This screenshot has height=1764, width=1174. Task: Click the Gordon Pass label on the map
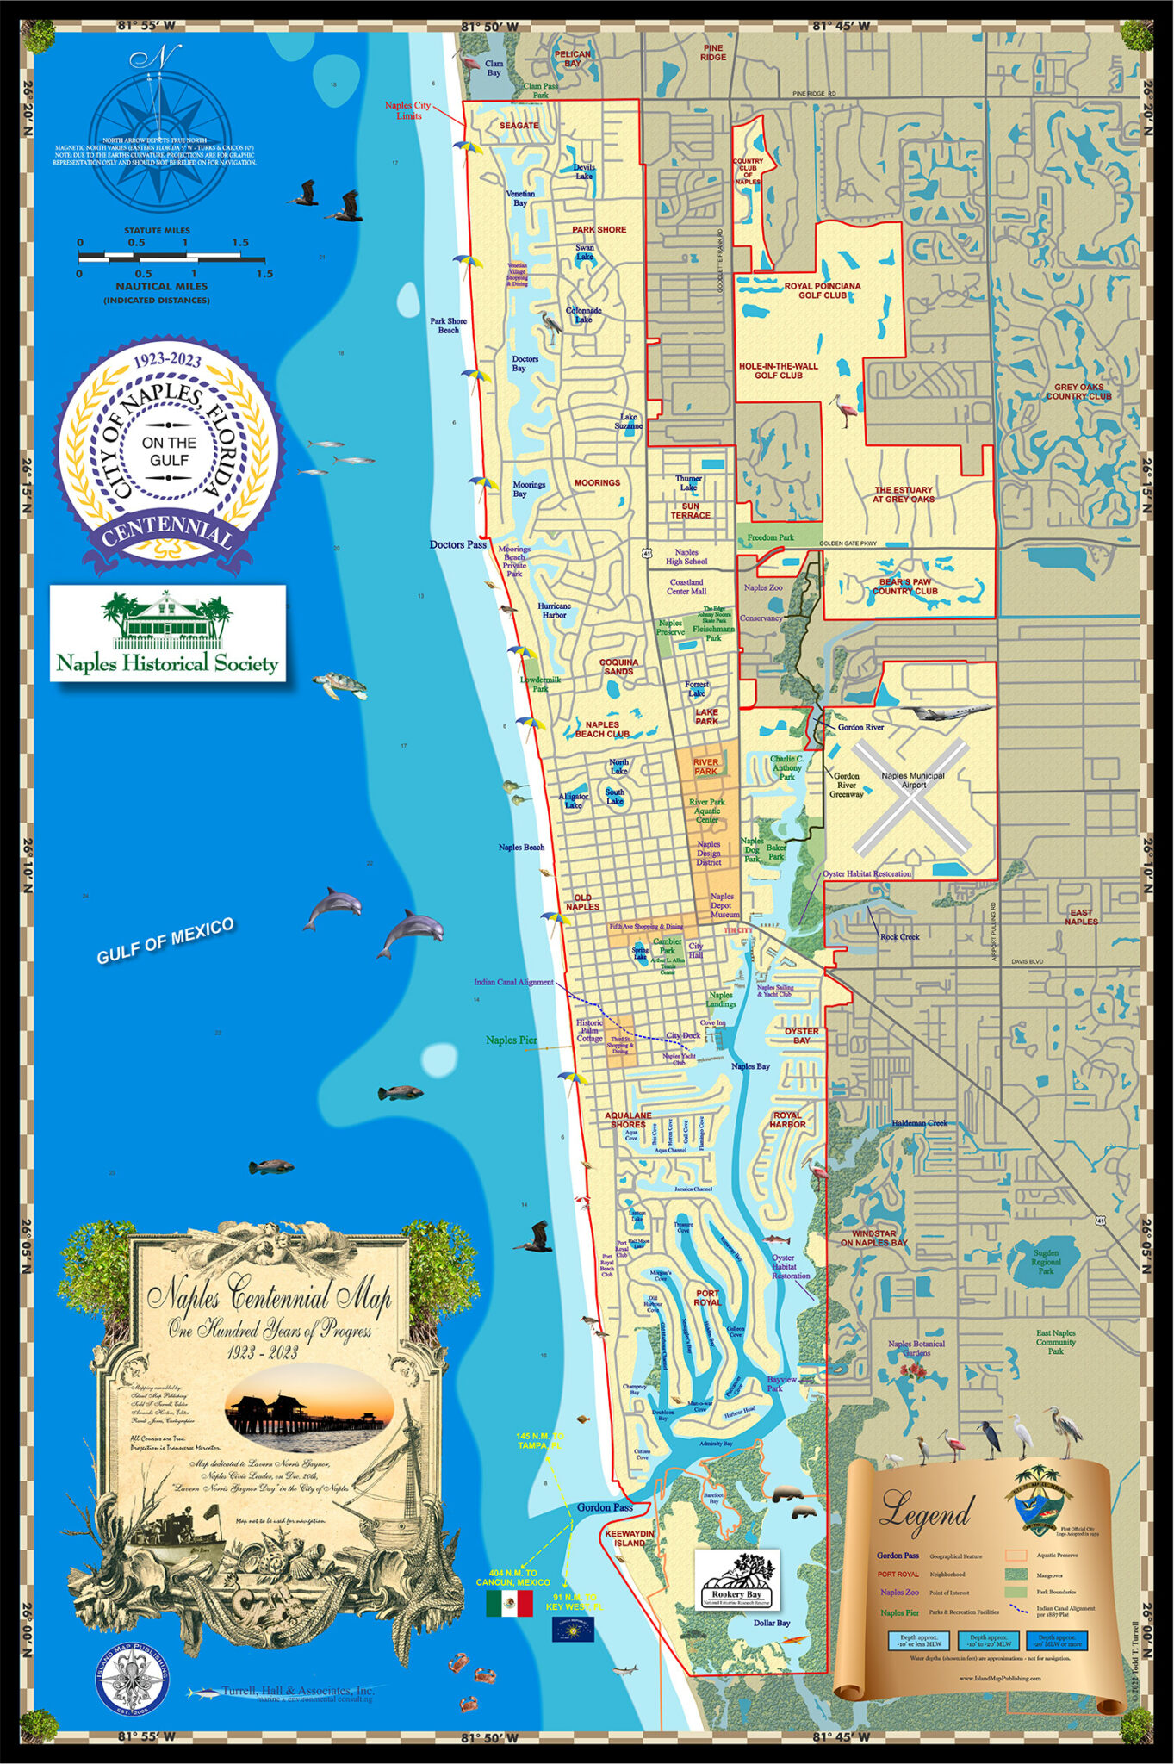click(x=605, y=1506)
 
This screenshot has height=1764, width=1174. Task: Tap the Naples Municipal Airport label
click(x=913, y=780)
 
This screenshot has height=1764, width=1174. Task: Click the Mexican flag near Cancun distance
click(x=509, y=1603)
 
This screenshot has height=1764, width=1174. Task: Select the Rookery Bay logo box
click(x=737, y=1579)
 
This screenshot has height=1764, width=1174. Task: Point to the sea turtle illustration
click(x=340, y=685)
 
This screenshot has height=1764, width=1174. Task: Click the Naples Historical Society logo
click(x=167, y=632)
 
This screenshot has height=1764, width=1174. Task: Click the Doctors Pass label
click(x=457, y=544)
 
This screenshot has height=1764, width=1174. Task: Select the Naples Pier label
click(x=511, y=1040)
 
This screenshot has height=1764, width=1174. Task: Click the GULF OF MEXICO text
click(x=165, y=941)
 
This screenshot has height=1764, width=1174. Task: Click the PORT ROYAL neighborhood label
click(x=707, y=1297)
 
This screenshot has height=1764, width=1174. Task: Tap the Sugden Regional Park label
click(x=1046, y=1262)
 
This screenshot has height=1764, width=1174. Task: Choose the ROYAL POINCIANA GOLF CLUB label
click(x=822, y=290)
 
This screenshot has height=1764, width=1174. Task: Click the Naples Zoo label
click(x=763, y=587)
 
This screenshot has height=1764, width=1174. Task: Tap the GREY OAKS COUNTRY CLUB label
click(x=1078, y=392)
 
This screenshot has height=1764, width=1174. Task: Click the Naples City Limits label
click(x=407, y=110)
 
